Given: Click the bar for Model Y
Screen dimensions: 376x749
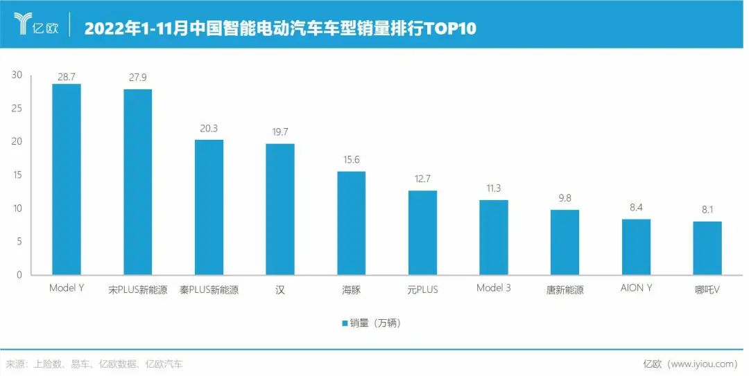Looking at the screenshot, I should point(67,179).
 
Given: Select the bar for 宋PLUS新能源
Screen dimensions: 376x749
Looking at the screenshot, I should point(137,182).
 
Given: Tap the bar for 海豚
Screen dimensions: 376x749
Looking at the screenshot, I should point(351,223).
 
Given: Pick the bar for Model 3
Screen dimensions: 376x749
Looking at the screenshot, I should point(494,238).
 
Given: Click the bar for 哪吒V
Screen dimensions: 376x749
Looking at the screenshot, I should point(707,248).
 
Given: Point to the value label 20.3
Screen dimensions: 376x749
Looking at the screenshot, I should point(209,128).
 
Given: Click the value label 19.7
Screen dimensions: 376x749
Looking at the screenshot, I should point(279,132).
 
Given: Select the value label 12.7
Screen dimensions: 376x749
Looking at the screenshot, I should point(422,179).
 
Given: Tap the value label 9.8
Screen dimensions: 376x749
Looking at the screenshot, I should point(565,198).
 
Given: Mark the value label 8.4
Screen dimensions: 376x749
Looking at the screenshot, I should point(636,208).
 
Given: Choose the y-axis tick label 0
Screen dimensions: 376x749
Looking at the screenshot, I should point(19,275).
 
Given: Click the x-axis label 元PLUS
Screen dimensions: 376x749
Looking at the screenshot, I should point(422,289).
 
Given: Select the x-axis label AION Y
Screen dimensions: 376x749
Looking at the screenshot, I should point(636,288).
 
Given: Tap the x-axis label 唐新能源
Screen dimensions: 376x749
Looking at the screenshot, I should point(565,289).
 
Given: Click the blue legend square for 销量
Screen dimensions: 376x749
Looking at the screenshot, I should point(344,323).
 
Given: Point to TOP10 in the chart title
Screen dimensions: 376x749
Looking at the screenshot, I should point(450,29).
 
